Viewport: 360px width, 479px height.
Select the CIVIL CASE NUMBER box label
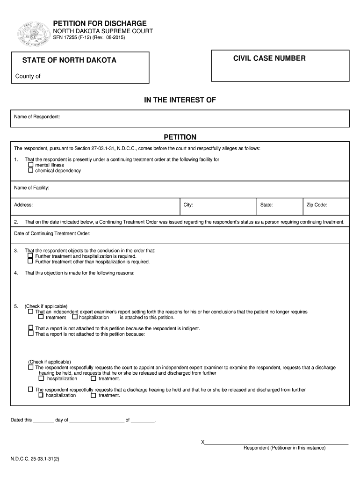270,58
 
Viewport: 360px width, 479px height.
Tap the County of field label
28,76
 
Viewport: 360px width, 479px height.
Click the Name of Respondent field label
37,116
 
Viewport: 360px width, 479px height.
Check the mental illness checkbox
31,165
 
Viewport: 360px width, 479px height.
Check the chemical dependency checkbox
31,170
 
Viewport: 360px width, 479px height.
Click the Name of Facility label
32,188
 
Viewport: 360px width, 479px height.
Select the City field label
188,205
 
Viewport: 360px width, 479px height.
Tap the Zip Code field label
317,205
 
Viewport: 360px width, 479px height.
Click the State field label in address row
266,205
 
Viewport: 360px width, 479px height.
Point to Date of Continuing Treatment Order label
52,233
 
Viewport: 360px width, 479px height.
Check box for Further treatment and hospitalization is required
31,256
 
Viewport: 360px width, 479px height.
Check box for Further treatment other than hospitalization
31,261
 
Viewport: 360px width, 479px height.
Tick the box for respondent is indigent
31,328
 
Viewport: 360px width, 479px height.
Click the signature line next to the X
276,443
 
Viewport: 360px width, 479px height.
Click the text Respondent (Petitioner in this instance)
284,448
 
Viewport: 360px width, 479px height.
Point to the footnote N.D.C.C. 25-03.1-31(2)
35,459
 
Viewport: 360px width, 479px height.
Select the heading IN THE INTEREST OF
180,101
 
